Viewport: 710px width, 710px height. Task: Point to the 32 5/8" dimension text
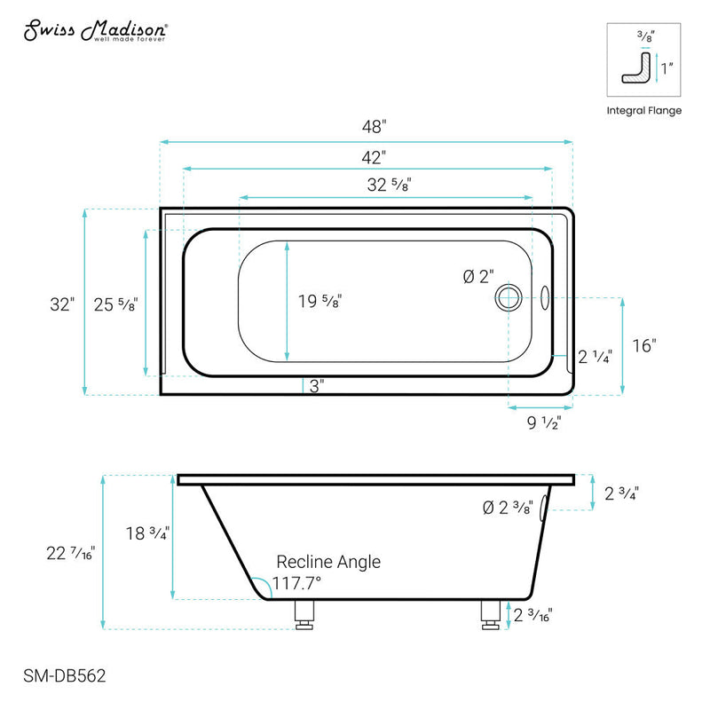coord(389,185)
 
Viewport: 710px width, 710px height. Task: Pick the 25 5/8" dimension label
coord(115,304)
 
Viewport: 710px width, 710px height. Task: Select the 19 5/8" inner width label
coord(319,301)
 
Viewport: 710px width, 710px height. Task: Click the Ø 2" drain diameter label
coord(477,277)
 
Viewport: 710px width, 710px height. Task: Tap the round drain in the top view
coord(510,297)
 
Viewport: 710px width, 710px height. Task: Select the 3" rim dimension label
coord(317,386)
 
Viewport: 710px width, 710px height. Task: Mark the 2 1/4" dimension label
coord(594,358)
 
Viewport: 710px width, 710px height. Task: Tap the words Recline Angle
coord(328,562)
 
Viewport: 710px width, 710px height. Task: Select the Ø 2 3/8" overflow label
coord(507,508)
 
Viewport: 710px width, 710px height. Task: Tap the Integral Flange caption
coord(644,111)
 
